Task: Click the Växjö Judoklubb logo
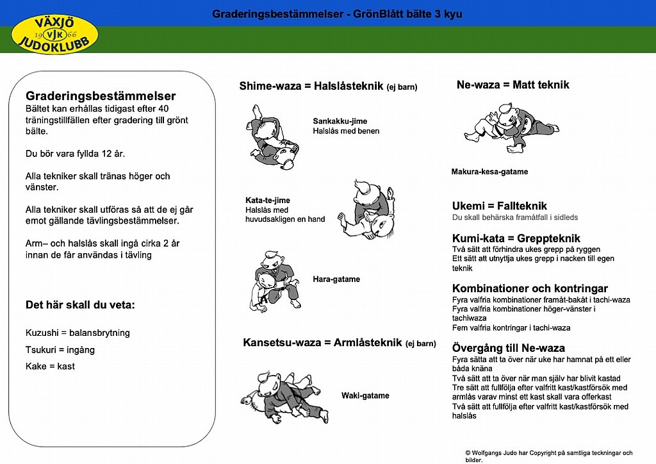coord(55,33)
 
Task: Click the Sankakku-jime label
coord(340,121)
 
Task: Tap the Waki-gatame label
coord(365,395)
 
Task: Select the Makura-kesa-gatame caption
coord(489,172)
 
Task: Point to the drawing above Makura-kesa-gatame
coord(509,127)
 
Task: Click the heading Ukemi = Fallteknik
coord(500,206)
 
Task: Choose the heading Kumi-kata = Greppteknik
coord(516,238)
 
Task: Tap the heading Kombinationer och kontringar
coord(530,288)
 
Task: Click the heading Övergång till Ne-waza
coord(509,348)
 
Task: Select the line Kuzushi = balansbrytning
coord(78,333)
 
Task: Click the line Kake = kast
coord(50,366)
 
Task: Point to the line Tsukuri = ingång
coord(60,350)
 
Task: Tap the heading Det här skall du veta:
coord(80,304)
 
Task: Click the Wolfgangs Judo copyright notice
coord(548,456)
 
